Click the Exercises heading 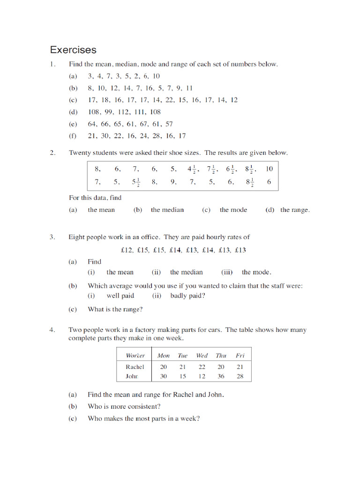(73, 50)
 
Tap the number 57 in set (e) (168, 124)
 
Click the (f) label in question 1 (73, 136)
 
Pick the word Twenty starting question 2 (79, 153)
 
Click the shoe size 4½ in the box (192, 169)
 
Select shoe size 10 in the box (269, 169)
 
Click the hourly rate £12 (127, 250)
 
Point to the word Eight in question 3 (77, 237)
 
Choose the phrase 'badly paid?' (187, 296)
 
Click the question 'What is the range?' (115, 309)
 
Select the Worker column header (135, 355)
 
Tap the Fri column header (240, 355)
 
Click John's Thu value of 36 (221, 376)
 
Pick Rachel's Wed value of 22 (202, 367)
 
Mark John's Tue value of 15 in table (182, 376)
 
